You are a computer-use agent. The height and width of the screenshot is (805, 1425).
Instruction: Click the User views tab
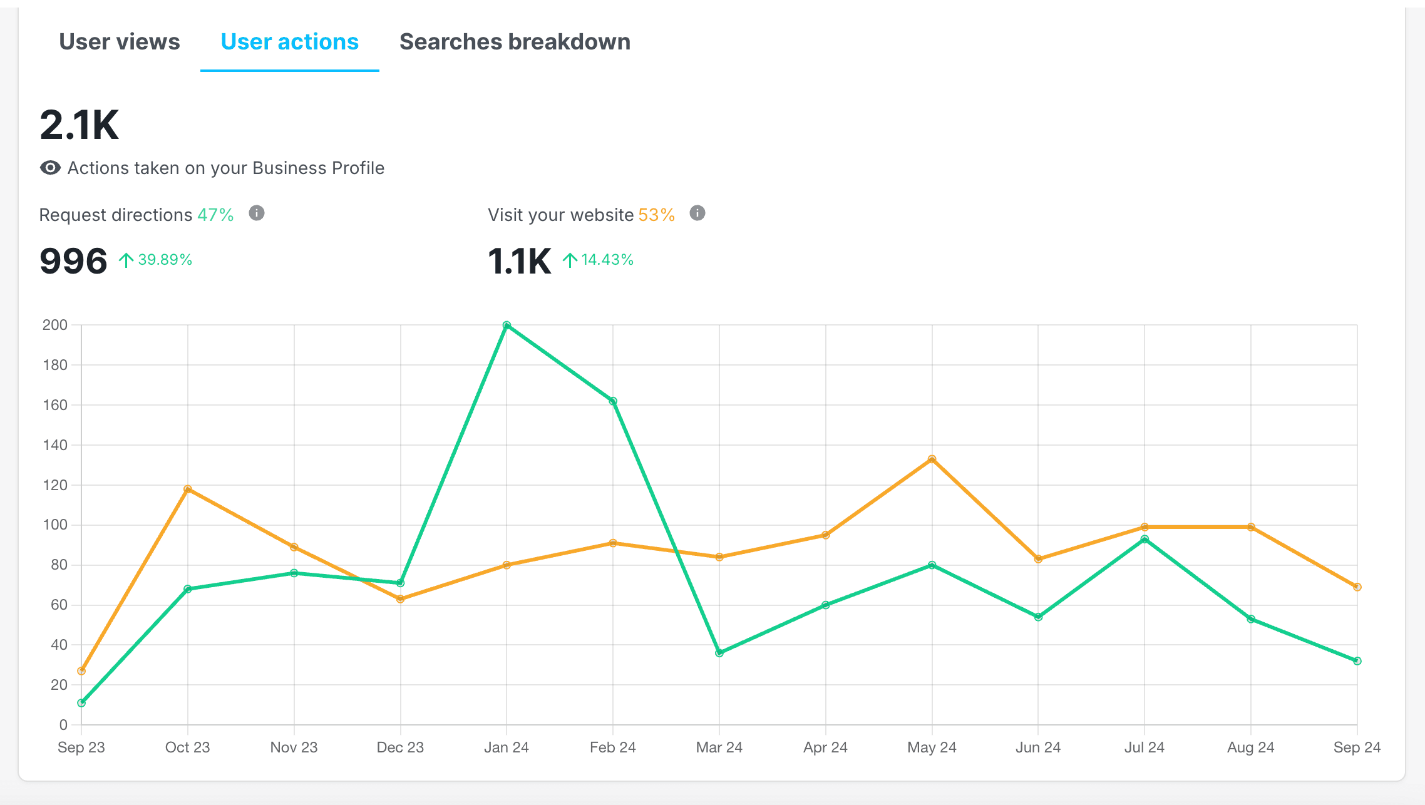tap(119, 42)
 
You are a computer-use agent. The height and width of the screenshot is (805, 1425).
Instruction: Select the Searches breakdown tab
tap(515, 42)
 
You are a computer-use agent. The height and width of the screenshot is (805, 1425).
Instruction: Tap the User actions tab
tap(289, 42)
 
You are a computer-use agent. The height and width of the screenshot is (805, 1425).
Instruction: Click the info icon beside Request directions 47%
tap(257, 213)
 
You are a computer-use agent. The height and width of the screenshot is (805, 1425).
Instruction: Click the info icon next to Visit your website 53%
tap(697, 213)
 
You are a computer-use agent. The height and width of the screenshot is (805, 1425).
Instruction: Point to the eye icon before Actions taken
tap(50, 168)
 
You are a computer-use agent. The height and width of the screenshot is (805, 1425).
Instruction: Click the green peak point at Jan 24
tap(507, 326)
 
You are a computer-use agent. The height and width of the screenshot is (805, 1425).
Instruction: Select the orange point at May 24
tap(932, 459)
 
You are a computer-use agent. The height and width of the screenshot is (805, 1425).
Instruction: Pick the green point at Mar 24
tap(719, 653)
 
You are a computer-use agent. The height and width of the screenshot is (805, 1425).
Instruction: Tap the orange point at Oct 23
tap(188, 489)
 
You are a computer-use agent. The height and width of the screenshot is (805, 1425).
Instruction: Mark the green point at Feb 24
tap(613, 401)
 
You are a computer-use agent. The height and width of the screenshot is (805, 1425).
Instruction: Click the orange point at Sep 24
tap(1357, 587)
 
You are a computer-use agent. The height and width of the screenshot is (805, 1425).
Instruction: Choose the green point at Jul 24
tap(1145, 539)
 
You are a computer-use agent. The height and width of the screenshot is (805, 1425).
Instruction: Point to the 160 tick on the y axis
tap(55, 405)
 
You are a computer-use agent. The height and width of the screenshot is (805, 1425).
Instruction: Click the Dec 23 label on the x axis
tap(400, 747)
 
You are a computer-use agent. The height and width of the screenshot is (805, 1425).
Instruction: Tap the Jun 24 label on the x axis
tap(1038, 747)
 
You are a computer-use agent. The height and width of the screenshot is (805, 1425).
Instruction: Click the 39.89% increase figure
tap(164, 260)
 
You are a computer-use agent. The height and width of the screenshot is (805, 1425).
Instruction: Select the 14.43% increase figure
tap(607, 260)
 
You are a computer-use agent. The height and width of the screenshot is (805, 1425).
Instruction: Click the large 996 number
tap(73, 261)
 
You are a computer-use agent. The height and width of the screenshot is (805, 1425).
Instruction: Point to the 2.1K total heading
tap(79, 125)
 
